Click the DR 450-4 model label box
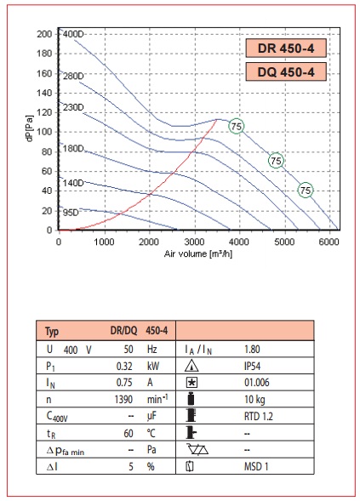click(x=286, y=48)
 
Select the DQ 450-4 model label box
click(x=286, y=72)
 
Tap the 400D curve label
click(x=73, y=34)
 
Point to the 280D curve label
click(x=73, y=76)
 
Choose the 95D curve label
click(x=71, y=213)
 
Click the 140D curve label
click(x=73, y=183)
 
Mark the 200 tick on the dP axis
click(x=44, y=34)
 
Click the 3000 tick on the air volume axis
click(x=194, y=242)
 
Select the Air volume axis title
click(x=198, y=254)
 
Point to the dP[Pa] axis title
click(x=30, y=128)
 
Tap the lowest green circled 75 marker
click(x=306, y=191)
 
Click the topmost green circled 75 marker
click(x=237, y=126)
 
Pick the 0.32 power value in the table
click(x=124, y=366)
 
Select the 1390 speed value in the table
click(x=123, y=400)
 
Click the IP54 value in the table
click(x=252, y=366)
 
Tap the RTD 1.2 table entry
click(x=259, y=416)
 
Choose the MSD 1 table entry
click(x=256, y=466)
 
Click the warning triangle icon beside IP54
click(x=191, y=366)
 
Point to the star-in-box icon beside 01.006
click(x=191, y=383)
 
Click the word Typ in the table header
click(x=52, y=332)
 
